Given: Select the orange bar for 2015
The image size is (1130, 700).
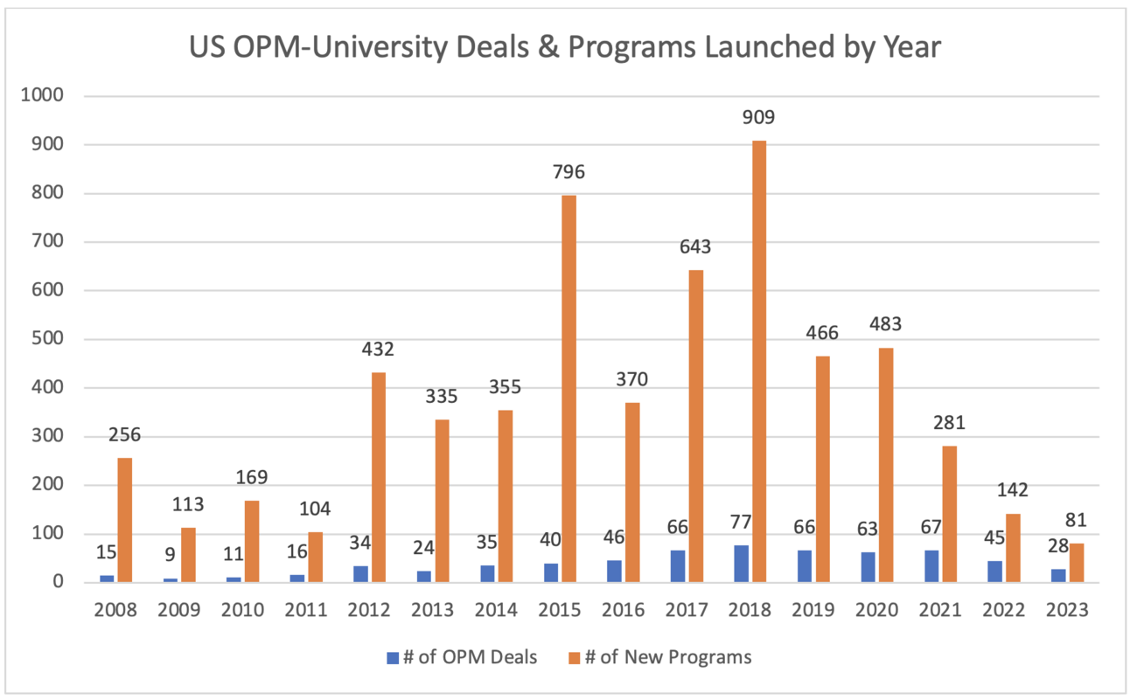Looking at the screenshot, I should click(x=568, y=388).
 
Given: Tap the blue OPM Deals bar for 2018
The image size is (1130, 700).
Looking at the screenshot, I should click(x=741, y=564).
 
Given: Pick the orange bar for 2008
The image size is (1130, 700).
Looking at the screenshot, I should click(x=125, y=520).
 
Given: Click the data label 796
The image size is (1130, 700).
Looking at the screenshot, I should click(x=568, y=172).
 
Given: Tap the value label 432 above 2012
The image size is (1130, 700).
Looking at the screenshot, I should click(x=378, y=350).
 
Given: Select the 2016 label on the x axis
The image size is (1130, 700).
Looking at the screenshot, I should click(x=623, y=609).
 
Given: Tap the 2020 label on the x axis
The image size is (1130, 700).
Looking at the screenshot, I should click(x=876, y=609).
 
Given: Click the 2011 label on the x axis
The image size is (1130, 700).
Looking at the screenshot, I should click(x=306, y=609).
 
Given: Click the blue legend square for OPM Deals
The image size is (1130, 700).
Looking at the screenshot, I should click(x=393, y=657).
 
